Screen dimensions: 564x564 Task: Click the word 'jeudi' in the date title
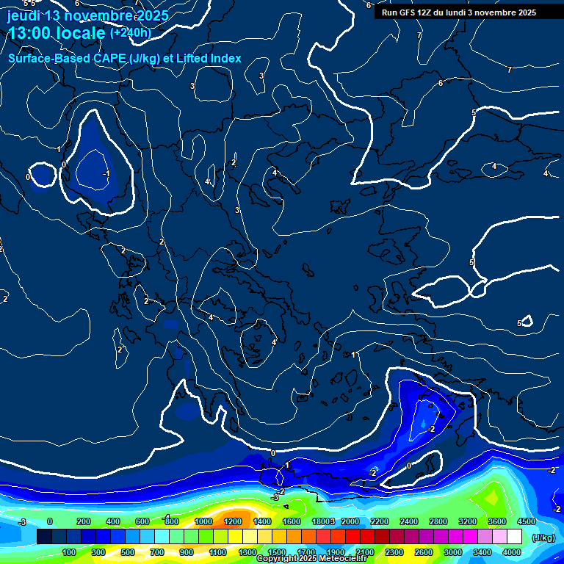coord(23,15)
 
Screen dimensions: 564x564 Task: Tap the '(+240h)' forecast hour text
coord(130,32)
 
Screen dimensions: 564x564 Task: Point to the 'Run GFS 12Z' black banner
coord(459,12)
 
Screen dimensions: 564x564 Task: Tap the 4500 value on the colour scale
coord(526,521)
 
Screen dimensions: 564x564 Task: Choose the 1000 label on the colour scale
coord(203,521)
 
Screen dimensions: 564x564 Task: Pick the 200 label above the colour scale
coord(83,521)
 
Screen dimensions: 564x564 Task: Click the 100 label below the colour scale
coord(69,552)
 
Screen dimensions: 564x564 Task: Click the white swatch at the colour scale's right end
coord(515,538)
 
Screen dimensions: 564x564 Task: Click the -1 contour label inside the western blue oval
coord(106,174)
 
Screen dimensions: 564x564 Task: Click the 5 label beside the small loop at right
coord(519,323)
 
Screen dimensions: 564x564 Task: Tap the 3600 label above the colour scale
coord(497,521)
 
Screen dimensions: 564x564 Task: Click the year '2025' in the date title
coord(151,15)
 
